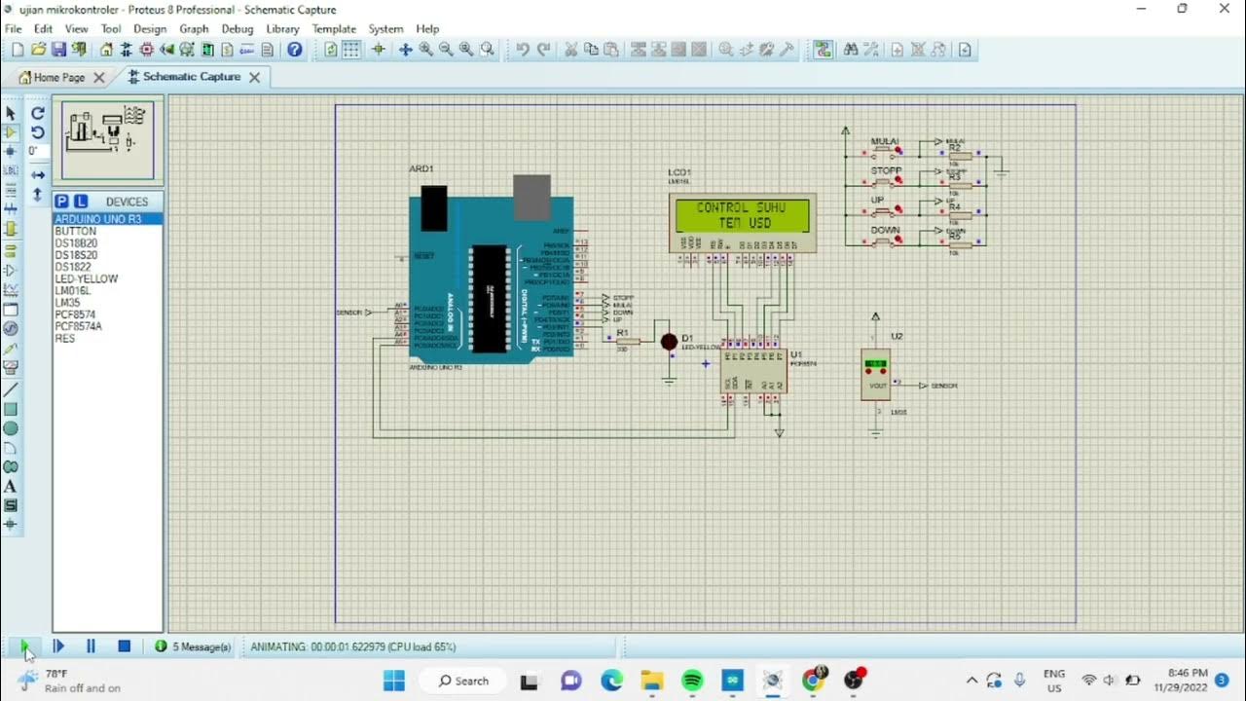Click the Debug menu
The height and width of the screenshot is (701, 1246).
tap(237, 29)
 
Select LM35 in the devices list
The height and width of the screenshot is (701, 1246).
tap(67, 303)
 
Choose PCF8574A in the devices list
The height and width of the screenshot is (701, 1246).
tap(78, 326)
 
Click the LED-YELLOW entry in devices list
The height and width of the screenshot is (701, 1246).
tap(86, 278)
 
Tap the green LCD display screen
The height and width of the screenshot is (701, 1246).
tap(741, 215)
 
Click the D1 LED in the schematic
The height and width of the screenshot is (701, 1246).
tap(669, 342)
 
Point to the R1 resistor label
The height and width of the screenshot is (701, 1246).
tap(623, 333)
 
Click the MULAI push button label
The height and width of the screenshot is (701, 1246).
tap(884, 142)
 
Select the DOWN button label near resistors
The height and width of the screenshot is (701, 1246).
tap(885, 231)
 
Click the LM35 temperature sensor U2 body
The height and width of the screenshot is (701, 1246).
tap(876, 375)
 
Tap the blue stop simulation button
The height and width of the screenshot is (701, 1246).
tap(125, 646)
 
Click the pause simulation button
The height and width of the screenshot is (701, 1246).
tap(91, 646)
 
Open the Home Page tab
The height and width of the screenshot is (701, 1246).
tap(58, 77)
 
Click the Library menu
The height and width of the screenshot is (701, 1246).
tap(282, 29)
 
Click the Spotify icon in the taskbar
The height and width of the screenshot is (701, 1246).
tap(692, 681)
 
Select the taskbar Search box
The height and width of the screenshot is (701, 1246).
tap(463, 681)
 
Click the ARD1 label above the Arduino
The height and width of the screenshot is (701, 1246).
tap(421, 169)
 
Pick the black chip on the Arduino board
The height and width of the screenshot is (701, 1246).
tap(488, 298)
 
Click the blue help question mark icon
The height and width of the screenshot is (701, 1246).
tap(295, 50)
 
